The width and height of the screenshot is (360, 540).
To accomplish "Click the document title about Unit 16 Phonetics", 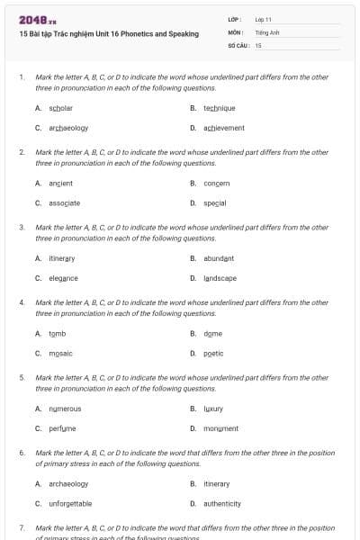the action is click(108, 33).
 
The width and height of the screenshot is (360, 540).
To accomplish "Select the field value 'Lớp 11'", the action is click(264, 19).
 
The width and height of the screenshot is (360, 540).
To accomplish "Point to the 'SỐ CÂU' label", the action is click(237, 44).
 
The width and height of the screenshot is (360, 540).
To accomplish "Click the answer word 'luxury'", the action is click(213, 409).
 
